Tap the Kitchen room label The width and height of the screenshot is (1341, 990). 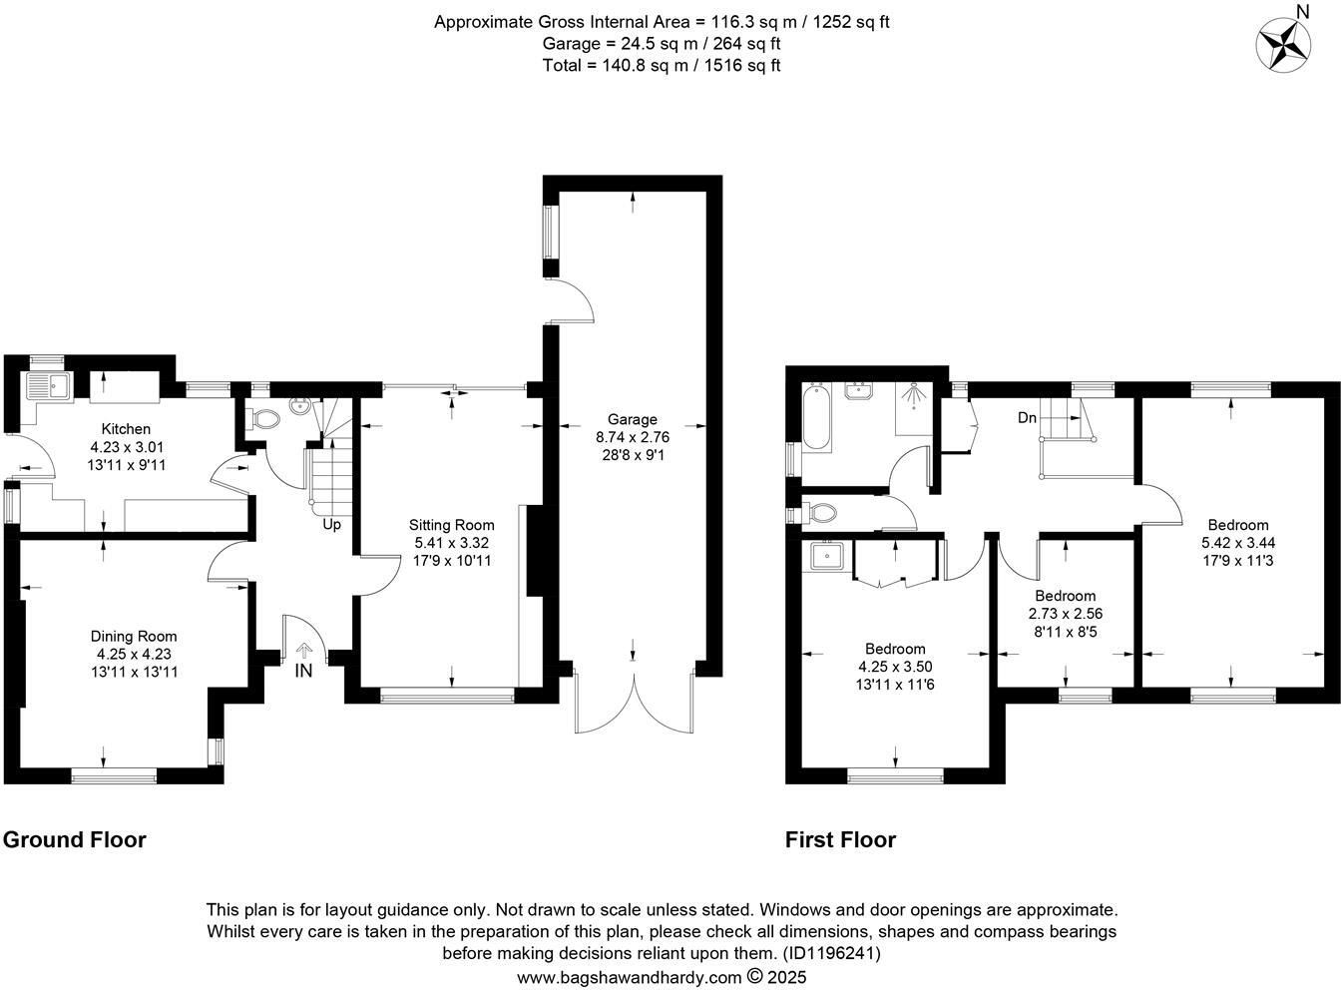125,429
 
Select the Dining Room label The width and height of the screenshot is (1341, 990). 134,637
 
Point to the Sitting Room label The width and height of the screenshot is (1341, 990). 451,525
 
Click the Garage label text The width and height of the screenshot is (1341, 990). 633,420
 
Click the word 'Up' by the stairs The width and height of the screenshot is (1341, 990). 331,524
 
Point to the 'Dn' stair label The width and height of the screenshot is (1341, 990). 1027,418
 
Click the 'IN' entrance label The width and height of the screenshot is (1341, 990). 303,672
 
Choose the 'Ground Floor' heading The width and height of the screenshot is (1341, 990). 75,840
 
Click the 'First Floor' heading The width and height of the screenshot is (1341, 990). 840,840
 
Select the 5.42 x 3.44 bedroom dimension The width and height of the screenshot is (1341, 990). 1238,543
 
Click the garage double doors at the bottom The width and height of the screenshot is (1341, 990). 634,704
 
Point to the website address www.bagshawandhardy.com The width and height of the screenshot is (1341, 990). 630,978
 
